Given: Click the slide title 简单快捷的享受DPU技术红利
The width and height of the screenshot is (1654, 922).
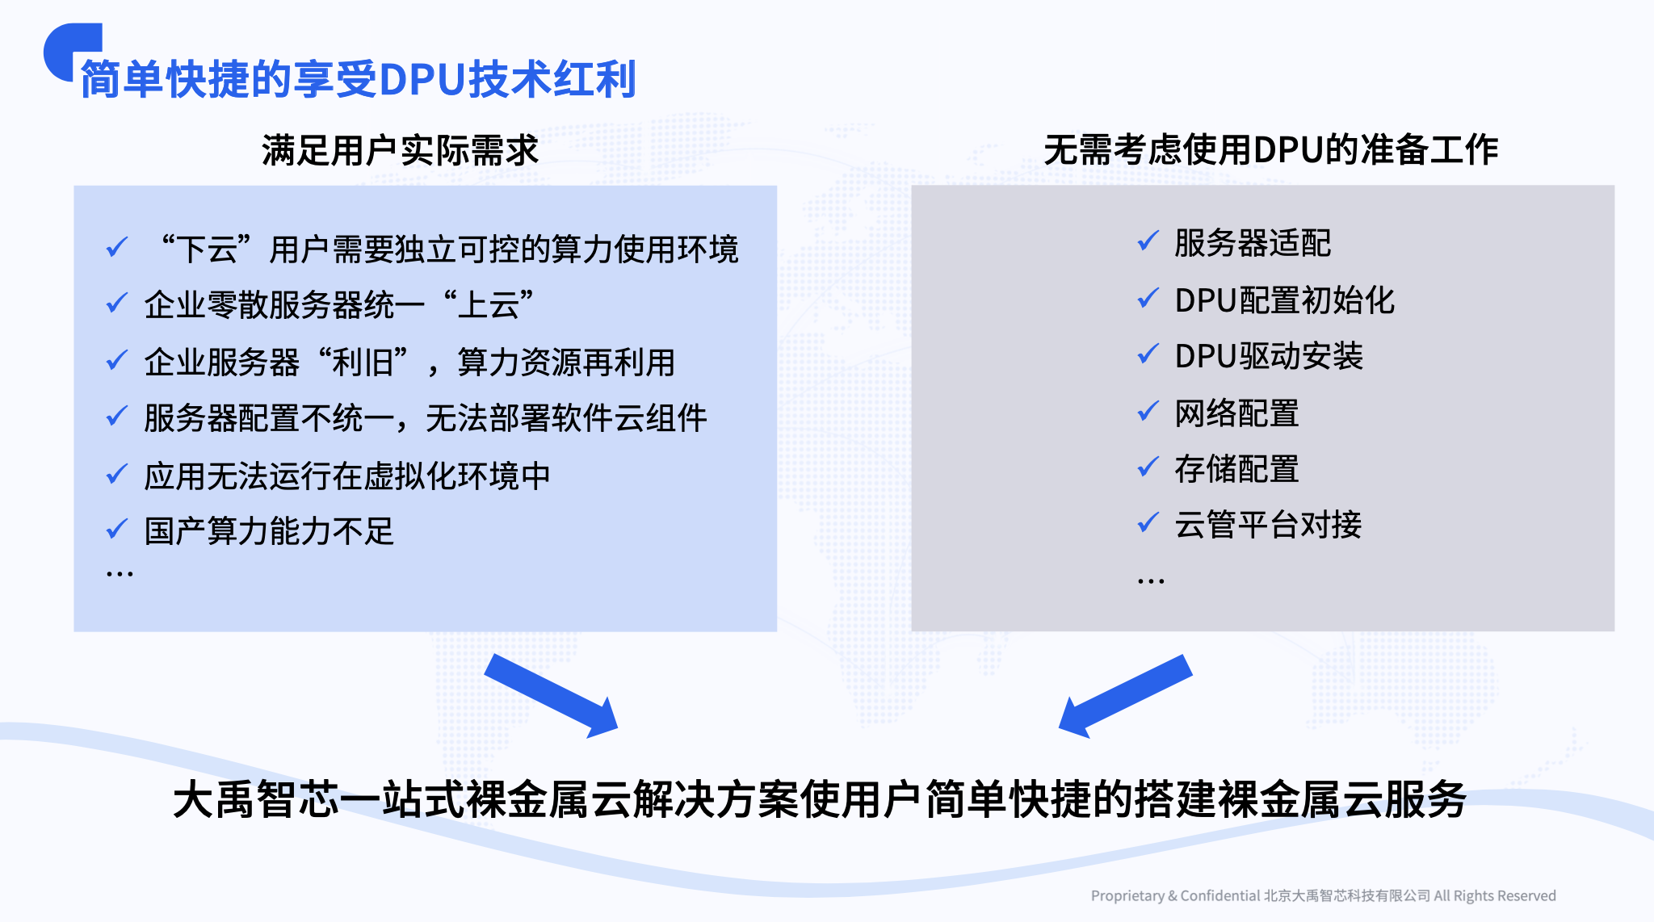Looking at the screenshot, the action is [359, 79].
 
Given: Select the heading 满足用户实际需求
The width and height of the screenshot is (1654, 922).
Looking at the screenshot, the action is [400, 150].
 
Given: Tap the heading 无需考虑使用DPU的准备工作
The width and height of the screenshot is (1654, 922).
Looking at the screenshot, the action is [1270, 149].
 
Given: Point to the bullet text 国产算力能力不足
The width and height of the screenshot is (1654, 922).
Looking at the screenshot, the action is [269, 531].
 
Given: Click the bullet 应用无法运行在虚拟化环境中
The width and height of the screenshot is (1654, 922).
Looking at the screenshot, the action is [347, 476].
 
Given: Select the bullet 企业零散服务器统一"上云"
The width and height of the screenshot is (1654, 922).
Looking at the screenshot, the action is [339, 305].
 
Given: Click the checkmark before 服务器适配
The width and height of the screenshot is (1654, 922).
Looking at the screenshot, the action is [1148, 241].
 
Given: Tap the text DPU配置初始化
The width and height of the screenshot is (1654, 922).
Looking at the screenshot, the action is [1284, 300].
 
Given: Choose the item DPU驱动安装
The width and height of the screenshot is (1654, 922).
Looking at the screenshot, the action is [1269, 356].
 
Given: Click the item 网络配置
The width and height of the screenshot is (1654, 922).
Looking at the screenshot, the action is [1236, 413].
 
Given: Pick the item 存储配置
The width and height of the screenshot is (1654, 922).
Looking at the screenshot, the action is [1236, 469].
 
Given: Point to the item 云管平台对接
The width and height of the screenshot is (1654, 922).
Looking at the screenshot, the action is [1268, 525].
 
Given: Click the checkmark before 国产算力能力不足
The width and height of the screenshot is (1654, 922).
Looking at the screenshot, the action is [117, 530].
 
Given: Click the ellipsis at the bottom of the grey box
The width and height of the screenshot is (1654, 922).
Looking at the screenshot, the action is [1151, 580].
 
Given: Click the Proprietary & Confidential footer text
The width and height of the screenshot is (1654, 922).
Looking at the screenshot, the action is [1323, 895].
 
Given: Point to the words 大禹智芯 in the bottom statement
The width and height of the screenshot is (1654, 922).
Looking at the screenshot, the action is [256, 800].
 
